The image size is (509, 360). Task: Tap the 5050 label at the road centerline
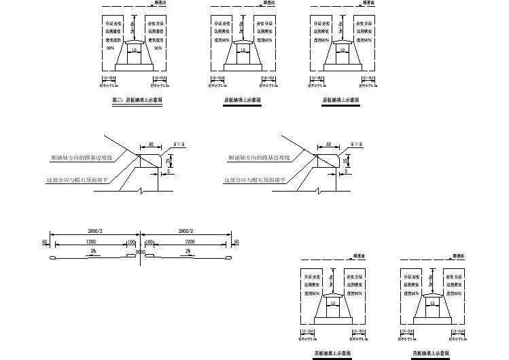(x=140, y=252)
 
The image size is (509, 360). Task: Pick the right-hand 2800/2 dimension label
(x=185, y=231)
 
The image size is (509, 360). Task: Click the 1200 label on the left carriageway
(x=90, y=241)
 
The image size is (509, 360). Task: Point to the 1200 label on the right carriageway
(x=190, y=241)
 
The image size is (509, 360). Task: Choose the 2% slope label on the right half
(x=188, y=251)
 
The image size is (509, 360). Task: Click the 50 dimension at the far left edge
(x=45, y=242)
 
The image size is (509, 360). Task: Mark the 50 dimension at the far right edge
(x=236, y=242)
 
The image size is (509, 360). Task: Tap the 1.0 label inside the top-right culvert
(x=343, y=50)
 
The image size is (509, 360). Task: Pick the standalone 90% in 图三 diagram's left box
(x=109, y=48)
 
